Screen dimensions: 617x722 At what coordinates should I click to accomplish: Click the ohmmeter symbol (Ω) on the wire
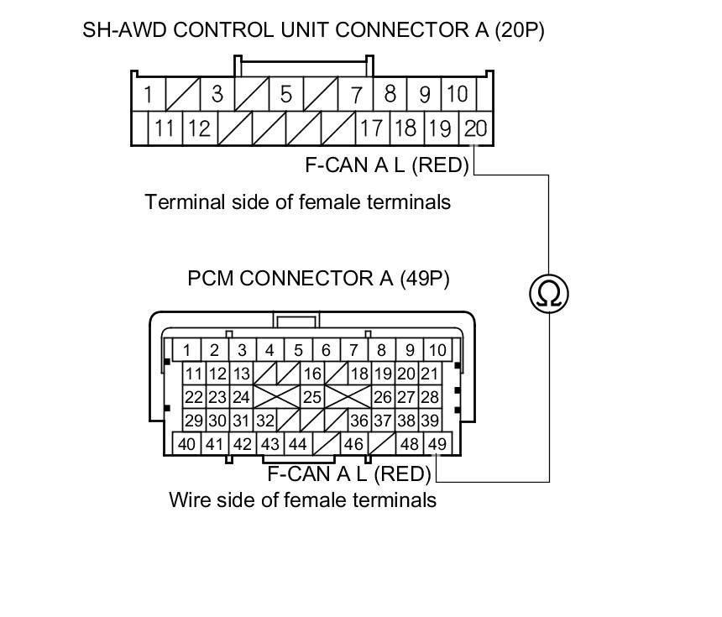click(x=549, y=293)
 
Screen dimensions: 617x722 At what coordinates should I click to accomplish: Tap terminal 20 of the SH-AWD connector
click(x=475, y=128)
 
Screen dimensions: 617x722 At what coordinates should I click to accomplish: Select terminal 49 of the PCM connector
click(x=437, y=444)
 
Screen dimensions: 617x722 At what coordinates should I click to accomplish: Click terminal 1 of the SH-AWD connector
click(x=148, y=94)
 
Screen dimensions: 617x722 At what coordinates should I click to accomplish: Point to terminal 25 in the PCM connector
click(x=312, y=397)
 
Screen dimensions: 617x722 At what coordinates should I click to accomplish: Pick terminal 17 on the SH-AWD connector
click(x=370, y=128)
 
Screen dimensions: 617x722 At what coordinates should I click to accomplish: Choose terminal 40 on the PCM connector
click(x=187, y=444)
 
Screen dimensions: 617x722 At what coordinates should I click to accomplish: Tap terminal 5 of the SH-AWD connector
click(x=285, y=94)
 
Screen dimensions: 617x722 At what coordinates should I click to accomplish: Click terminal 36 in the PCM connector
click(x=358, y=421)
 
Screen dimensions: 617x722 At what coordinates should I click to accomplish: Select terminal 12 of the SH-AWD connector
click(x=198, y=128)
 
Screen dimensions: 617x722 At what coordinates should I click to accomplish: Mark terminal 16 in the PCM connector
click(x=312, y=374)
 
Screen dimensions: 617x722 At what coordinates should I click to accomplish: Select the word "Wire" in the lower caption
click(x=188, y=500)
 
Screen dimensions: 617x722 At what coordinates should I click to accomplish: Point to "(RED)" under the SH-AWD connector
click(x=441, y=165)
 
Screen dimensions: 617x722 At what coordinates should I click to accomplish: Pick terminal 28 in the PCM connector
click(x=430, y=397)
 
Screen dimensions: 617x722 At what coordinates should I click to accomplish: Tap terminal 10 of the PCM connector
click(x=437, y=350)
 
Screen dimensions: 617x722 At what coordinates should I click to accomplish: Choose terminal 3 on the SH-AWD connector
click(x=217, y=94)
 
